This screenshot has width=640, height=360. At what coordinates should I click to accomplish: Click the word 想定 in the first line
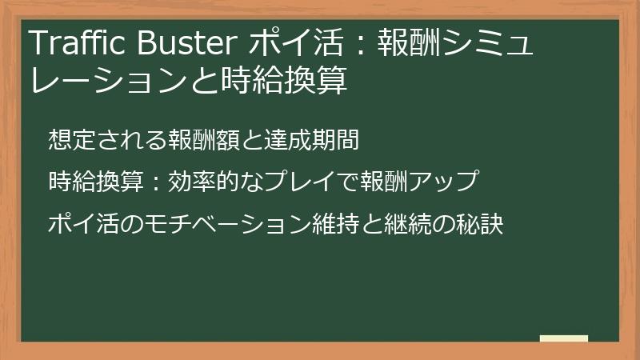(x=67, y=140)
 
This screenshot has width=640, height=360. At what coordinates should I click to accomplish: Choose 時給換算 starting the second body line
(x=87, y=182)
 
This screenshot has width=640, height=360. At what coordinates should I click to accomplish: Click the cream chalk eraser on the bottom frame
(x=564, y=338)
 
